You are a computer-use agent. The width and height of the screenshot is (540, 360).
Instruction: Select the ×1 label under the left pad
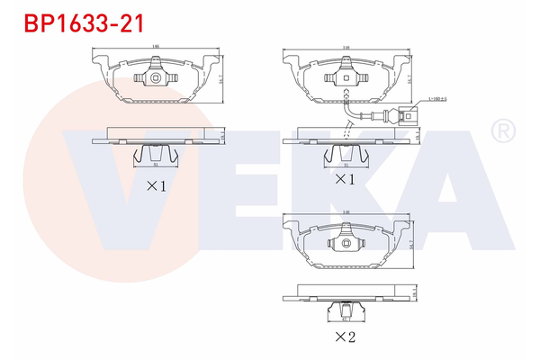click(157, 187)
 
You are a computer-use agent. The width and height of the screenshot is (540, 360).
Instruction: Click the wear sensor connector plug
click(409, 114)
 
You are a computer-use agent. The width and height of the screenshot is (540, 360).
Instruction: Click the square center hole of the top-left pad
click(157, 79)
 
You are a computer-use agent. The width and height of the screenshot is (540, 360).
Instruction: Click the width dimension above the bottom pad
click(346, 211)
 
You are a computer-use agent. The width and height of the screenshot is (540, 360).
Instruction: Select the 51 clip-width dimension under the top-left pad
click(157, 166)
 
